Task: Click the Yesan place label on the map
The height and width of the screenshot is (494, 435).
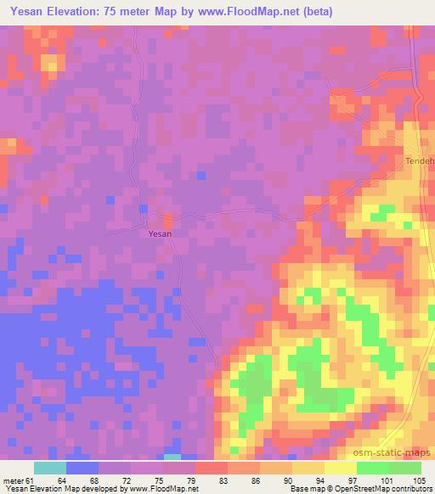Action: tap(160, 233)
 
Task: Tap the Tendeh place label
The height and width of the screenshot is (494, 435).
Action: tap(418, 160)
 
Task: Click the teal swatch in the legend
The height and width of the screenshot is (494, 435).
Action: tap(50, 468)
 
